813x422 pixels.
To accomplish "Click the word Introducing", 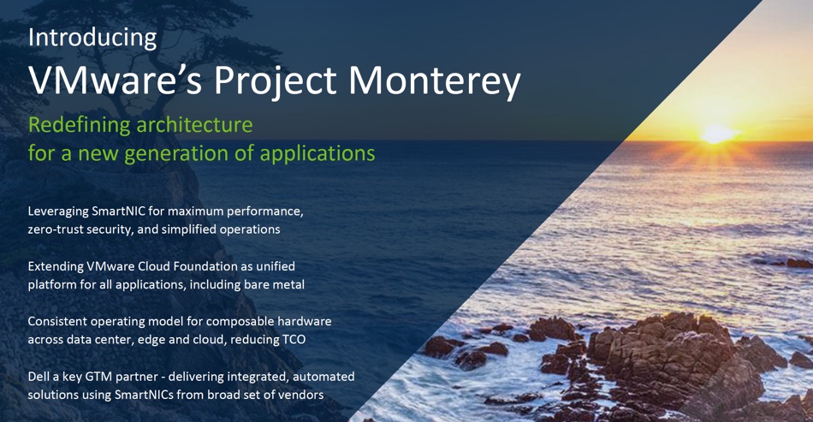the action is tap(92, 39).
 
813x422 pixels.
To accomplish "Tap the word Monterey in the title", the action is tap(434, 82).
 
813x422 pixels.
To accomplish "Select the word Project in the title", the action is tap(275, 82).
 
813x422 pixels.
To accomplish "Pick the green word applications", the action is tap(317, 154).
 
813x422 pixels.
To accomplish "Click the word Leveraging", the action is tap(58, 212).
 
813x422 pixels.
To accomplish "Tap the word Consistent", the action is tap(57, 322).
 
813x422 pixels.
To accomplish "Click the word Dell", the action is tap(38, 377).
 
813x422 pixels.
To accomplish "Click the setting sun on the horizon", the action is tap(717, 134).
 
